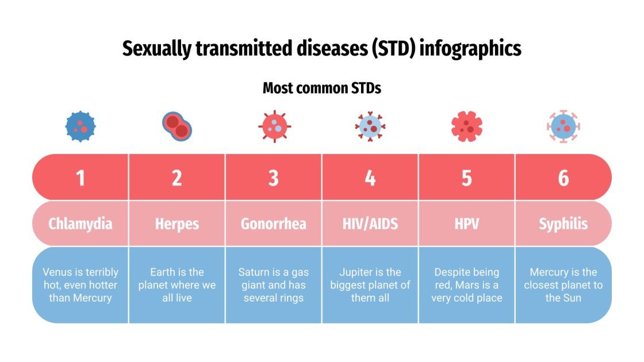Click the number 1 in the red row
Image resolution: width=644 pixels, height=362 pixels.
point(80,178)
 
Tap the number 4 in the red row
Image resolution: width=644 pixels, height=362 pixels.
point(370,178)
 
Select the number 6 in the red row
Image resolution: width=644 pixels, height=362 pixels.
point(563,178)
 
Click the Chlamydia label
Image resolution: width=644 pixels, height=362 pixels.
point(80,224)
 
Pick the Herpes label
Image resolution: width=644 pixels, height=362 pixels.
point(177,224)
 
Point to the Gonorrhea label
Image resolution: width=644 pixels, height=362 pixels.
point(274,224)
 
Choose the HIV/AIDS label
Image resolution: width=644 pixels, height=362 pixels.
point(370,224)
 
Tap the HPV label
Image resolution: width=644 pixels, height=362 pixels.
point(467,224)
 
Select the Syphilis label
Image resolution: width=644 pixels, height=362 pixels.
point(563,224)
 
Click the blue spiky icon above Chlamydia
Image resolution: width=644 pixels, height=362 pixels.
point(80,126)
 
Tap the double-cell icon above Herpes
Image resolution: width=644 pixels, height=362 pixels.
point(177,126)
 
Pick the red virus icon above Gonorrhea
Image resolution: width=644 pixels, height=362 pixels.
point(274,126)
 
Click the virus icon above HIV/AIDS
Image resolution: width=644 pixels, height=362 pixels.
point(370,126)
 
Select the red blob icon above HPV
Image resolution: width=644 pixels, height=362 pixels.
point(467,126)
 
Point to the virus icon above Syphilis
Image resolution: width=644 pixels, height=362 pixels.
point(563,126)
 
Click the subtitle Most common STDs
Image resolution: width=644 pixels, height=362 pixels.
point(322,88)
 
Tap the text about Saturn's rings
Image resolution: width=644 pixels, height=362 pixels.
point(274,285)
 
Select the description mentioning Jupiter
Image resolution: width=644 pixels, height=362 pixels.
point(370,285)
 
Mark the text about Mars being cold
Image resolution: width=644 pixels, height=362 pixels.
point(467,285)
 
